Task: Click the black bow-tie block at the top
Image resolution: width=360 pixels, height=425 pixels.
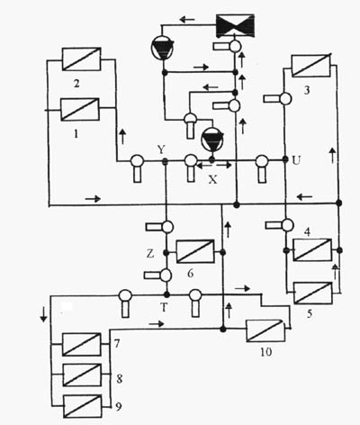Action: [236, 25]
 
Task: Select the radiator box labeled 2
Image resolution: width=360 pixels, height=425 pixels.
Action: [81, 59]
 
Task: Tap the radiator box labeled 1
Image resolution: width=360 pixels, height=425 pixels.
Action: [80, 110]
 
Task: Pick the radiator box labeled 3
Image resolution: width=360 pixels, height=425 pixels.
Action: [310, 66]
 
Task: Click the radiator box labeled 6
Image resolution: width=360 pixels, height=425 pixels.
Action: [195, 251]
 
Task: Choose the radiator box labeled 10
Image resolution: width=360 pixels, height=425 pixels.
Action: [265, 330]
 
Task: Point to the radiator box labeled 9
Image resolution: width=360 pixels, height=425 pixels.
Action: [82, 406]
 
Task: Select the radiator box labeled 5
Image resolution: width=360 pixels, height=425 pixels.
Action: [313, 293]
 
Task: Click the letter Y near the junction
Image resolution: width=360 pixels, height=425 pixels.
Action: [162, 149]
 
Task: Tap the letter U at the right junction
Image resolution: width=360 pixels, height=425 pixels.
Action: [296, 161]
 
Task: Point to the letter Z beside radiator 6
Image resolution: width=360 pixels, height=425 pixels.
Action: [150, 254]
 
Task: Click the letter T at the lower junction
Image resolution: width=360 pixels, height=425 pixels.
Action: [164, 307]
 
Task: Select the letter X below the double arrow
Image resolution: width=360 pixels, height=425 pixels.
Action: [212, 179]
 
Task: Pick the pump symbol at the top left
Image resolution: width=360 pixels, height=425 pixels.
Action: [163, 48]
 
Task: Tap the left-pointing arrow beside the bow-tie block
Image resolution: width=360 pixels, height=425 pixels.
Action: [187, 20]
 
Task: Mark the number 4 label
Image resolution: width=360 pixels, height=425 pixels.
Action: [307, 231]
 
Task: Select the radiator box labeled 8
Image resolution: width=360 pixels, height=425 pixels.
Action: [82, 375]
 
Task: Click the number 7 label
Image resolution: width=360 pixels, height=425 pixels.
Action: [117, 344]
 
